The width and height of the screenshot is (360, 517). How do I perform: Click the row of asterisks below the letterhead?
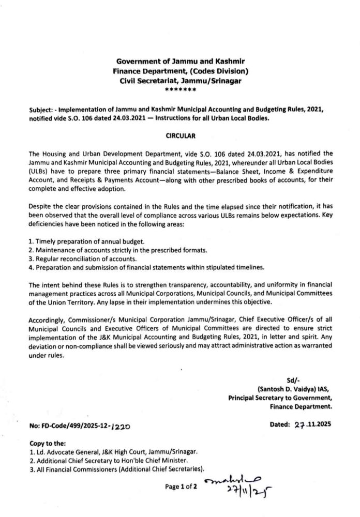tap(179, 90)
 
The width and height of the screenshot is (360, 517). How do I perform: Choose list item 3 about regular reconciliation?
tap(83, 258)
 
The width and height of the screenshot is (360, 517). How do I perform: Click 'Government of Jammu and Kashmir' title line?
tap(179, 62)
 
